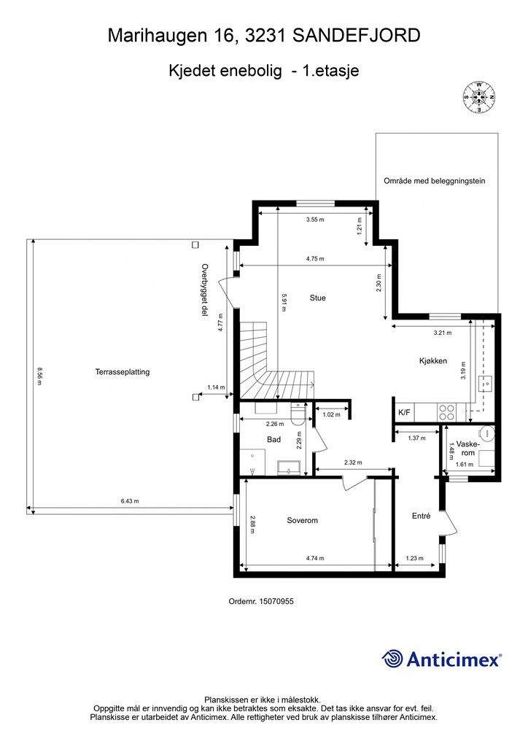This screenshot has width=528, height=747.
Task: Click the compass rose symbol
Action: point(478,98)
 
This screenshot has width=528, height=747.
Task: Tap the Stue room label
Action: point(317,298)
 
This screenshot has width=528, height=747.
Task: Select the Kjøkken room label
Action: point(432,360)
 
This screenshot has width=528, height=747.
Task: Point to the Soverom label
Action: point(302,520)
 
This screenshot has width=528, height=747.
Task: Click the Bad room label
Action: point(273,439)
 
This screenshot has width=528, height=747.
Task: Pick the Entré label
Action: point(421,516)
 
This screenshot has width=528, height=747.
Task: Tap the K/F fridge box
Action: point(404,413)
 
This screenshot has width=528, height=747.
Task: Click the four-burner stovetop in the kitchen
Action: point(446,412)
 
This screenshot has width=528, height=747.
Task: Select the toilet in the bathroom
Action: point(298,413)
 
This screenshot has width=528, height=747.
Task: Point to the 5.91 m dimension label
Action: point(283,302)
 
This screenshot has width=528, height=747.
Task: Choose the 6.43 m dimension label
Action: point(130,500)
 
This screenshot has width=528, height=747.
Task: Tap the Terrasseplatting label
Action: point(123,371)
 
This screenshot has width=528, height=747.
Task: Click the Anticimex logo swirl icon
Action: point(392,659)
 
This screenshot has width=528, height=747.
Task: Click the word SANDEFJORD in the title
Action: point(356,35)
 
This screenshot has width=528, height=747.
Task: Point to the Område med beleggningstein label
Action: point(434,181)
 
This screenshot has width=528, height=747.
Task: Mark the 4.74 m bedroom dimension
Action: point(315,558)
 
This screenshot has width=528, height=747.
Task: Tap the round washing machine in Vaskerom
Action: point(488,433)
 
